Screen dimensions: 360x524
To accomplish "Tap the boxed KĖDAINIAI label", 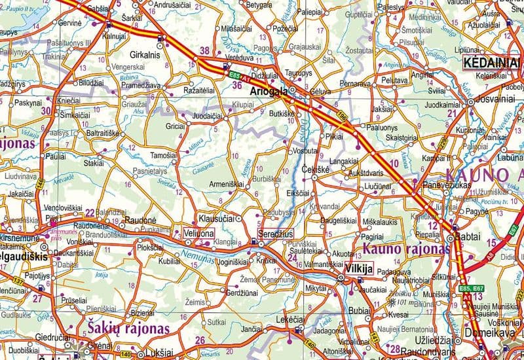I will (491, 63).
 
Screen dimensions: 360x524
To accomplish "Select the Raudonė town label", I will (140, 221).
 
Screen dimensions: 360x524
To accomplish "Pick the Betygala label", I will (258, 5).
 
